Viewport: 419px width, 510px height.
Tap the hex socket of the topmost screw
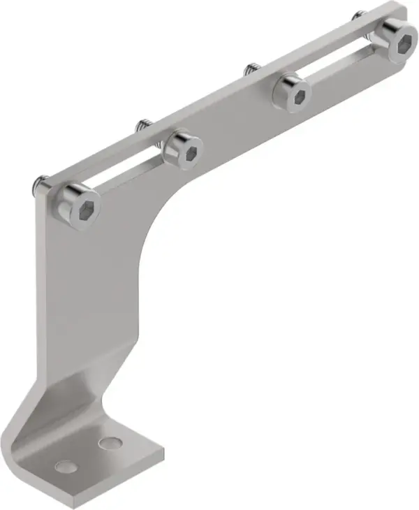click(x=403, y=41)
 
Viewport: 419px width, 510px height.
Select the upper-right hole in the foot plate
click(x=108, y=443)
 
